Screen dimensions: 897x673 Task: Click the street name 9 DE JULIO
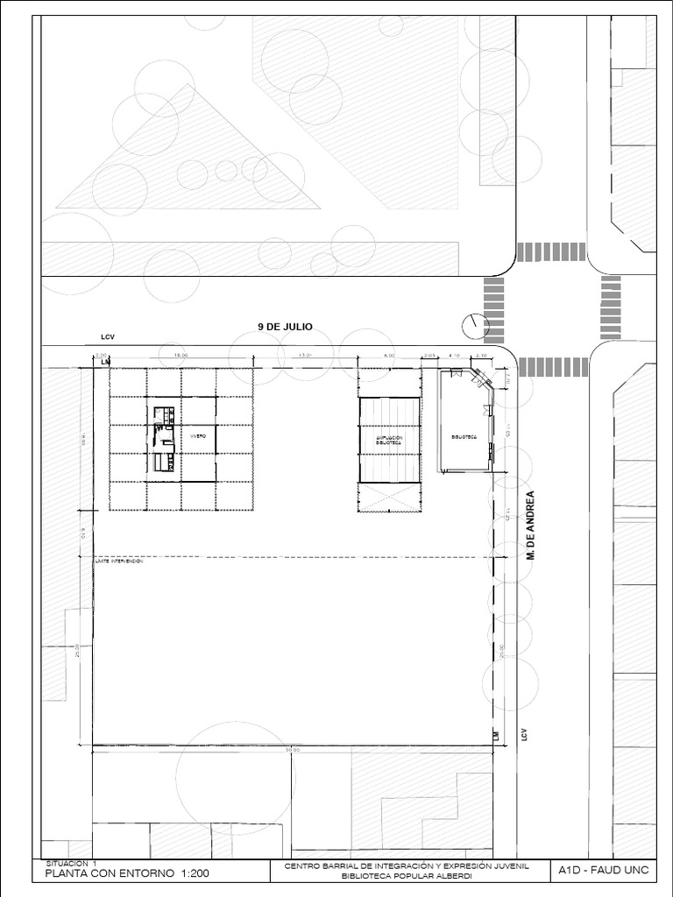point(285,327)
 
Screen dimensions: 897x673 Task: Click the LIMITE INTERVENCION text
point(118,562)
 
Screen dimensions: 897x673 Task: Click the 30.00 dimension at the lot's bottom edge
point(292,751)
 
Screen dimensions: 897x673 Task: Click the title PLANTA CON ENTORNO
point(109,873)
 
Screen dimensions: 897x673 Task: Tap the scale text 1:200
point(193,873)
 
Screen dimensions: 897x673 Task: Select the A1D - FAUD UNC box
point(603,872)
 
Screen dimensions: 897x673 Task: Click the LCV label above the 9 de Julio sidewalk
point(107,336)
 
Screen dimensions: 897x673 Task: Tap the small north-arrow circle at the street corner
point(474,325)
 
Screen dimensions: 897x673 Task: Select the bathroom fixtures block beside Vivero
point(164,438)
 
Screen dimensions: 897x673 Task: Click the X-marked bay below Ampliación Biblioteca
point(389,497)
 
